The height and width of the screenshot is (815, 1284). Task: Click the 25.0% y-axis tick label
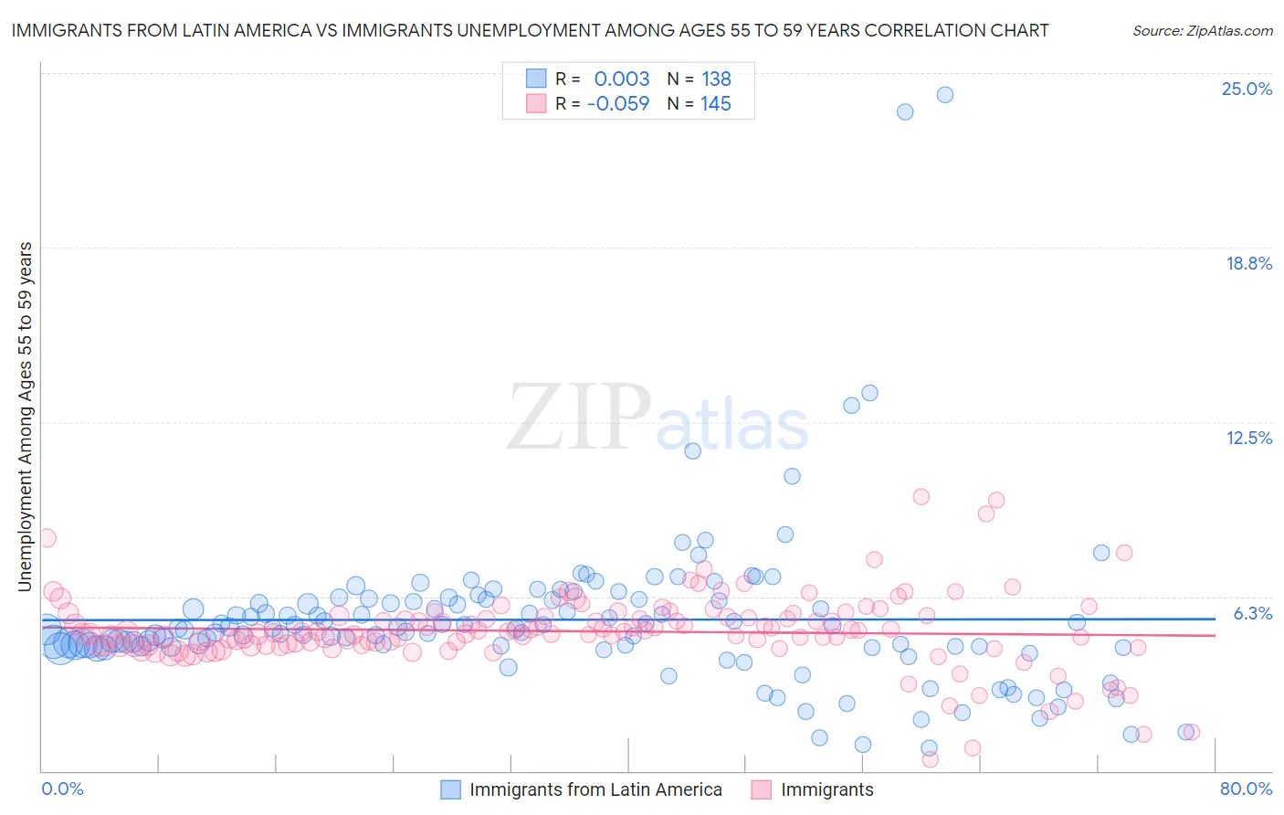click(x=1247, y=89)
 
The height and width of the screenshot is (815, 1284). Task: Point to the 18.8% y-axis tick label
click(x=1248, y=263)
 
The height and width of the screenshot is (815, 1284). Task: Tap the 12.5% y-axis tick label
click(x=1248, y=438)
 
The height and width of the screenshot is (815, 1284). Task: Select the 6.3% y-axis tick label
click(x=1252, y=613)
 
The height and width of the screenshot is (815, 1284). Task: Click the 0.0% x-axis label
click(x=62, y=789)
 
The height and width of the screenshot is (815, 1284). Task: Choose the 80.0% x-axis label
click(x=1246, y=789)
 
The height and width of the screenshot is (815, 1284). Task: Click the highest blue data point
click(x=945, y=95)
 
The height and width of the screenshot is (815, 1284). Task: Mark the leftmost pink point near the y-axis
click(x=47, y=538)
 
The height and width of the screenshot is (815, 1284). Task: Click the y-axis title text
click(x=25, y=417)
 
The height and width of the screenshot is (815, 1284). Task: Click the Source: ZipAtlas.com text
click(x=1202, y=30)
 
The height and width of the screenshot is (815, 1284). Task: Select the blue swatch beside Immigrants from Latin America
click(x=450, y=789)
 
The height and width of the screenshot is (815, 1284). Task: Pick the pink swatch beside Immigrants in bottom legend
click(x=761, y=789)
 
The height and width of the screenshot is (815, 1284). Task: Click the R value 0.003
click(x=621, y=79)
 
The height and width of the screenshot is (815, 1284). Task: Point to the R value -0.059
click(x=617, y=103)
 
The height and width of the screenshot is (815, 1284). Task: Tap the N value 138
click(x=716, y=79)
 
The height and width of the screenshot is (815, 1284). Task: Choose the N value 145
click(x=716, y=103)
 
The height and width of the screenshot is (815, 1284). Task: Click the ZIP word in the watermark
click(x=578, y=418)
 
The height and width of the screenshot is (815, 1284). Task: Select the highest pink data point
click(x=921, y=497)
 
